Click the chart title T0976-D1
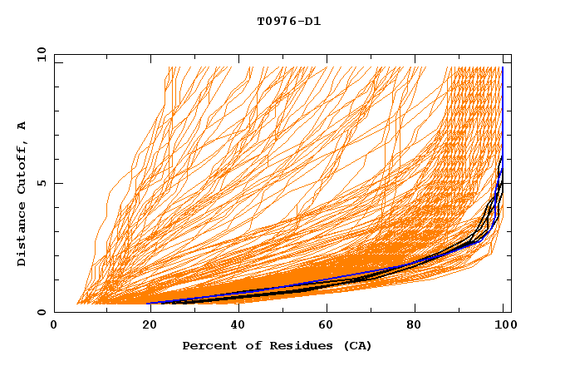(x=288, y=21)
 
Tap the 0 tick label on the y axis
(x=41, y=312)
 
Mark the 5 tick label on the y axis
(x=41, y=183)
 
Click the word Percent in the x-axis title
(x=208, y=345)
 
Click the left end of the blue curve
(x=149, y=303)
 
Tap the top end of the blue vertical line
(x=503, y=67)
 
